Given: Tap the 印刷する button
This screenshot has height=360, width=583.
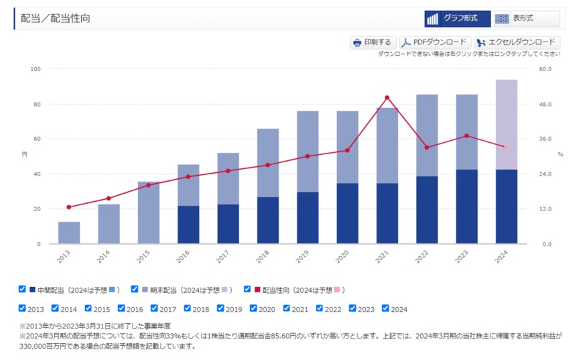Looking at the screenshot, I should coord(373,42).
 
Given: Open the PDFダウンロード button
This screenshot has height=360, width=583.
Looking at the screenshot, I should coord(435,42).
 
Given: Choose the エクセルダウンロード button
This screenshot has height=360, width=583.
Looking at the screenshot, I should coord(517,42).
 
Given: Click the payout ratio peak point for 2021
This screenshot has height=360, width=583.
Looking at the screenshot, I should coord(387,97).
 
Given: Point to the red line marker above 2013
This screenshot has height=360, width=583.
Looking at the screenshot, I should coord(69,207).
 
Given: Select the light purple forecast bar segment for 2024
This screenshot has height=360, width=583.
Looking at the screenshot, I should coord(507,124).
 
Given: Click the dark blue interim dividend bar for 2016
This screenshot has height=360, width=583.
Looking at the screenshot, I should coord(188,224).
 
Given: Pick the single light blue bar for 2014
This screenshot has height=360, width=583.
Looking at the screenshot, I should coord(109,223).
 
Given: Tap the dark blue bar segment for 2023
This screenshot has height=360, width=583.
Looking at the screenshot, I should coord(466,206).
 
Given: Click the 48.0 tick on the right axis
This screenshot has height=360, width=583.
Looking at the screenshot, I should coord(545,105).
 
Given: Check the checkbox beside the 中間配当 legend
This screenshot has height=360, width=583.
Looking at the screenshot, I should coord(22,289).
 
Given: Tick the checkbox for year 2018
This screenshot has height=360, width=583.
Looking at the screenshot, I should coord(188,308).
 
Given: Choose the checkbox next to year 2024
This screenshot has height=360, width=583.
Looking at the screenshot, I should coord(385,308).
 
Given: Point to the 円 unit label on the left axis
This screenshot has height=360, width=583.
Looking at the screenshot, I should coord(25,154).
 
